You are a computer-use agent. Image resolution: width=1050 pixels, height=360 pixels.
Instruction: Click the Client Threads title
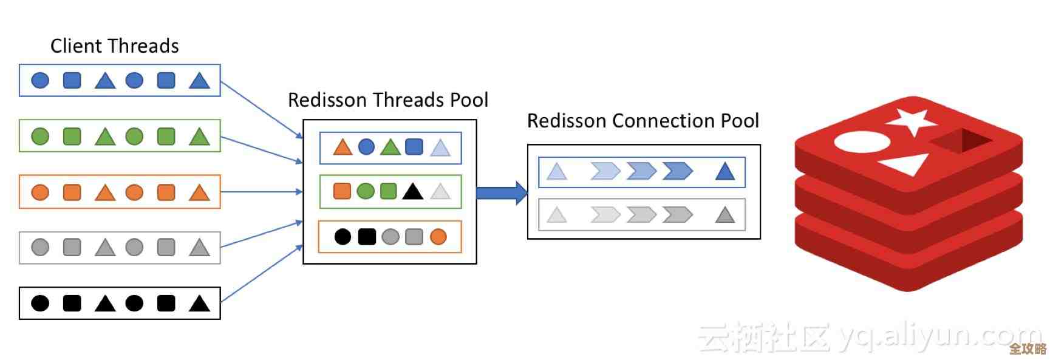coord(114,46)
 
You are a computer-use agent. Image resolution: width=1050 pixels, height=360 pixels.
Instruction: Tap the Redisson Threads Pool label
coord(387,100)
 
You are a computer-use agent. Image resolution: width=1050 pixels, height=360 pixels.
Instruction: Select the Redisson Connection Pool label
coord(643,121)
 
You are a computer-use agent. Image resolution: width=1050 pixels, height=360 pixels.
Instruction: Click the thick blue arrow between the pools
coord(502,193)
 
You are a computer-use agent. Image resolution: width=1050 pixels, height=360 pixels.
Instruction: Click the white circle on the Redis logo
coord(862,142)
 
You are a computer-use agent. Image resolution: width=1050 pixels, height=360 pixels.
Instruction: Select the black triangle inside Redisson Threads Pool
coord(413,192)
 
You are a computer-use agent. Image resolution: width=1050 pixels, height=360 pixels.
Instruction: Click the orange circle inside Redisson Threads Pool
coord(438,237)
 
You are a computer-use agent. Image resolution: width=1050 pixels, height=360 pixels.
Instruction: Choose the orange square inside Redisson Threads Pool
coord(342,192)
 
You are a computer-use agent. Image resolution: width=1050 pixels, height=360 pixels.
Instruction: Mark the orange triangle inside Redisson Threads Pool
coord(343,148)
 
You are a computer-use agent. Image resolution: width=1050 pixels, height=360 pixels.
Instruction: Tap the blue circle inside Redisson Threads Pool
coord(366,147)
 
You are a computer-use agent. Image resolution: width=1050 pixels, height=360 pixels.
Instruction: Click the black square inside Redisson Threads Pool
coord(367,237)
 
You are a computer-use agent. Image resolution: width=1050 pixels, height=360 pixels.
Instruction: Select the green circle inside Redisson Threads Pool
coord(366,192)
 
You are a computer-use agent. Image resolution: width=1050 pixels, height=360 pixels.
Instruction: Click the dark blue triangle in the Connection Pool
coord(725,172)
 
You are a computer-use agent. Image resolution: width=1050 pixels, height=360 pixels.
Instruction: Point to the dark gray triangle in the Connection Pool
coord(725,216)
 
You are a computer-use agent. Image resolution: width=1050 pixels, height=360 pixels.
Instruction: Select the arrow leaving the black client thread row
coord(261,273)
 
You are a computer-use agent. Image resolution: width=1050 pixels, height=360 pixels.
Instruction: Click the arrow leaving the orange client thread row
coord(261,192)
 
